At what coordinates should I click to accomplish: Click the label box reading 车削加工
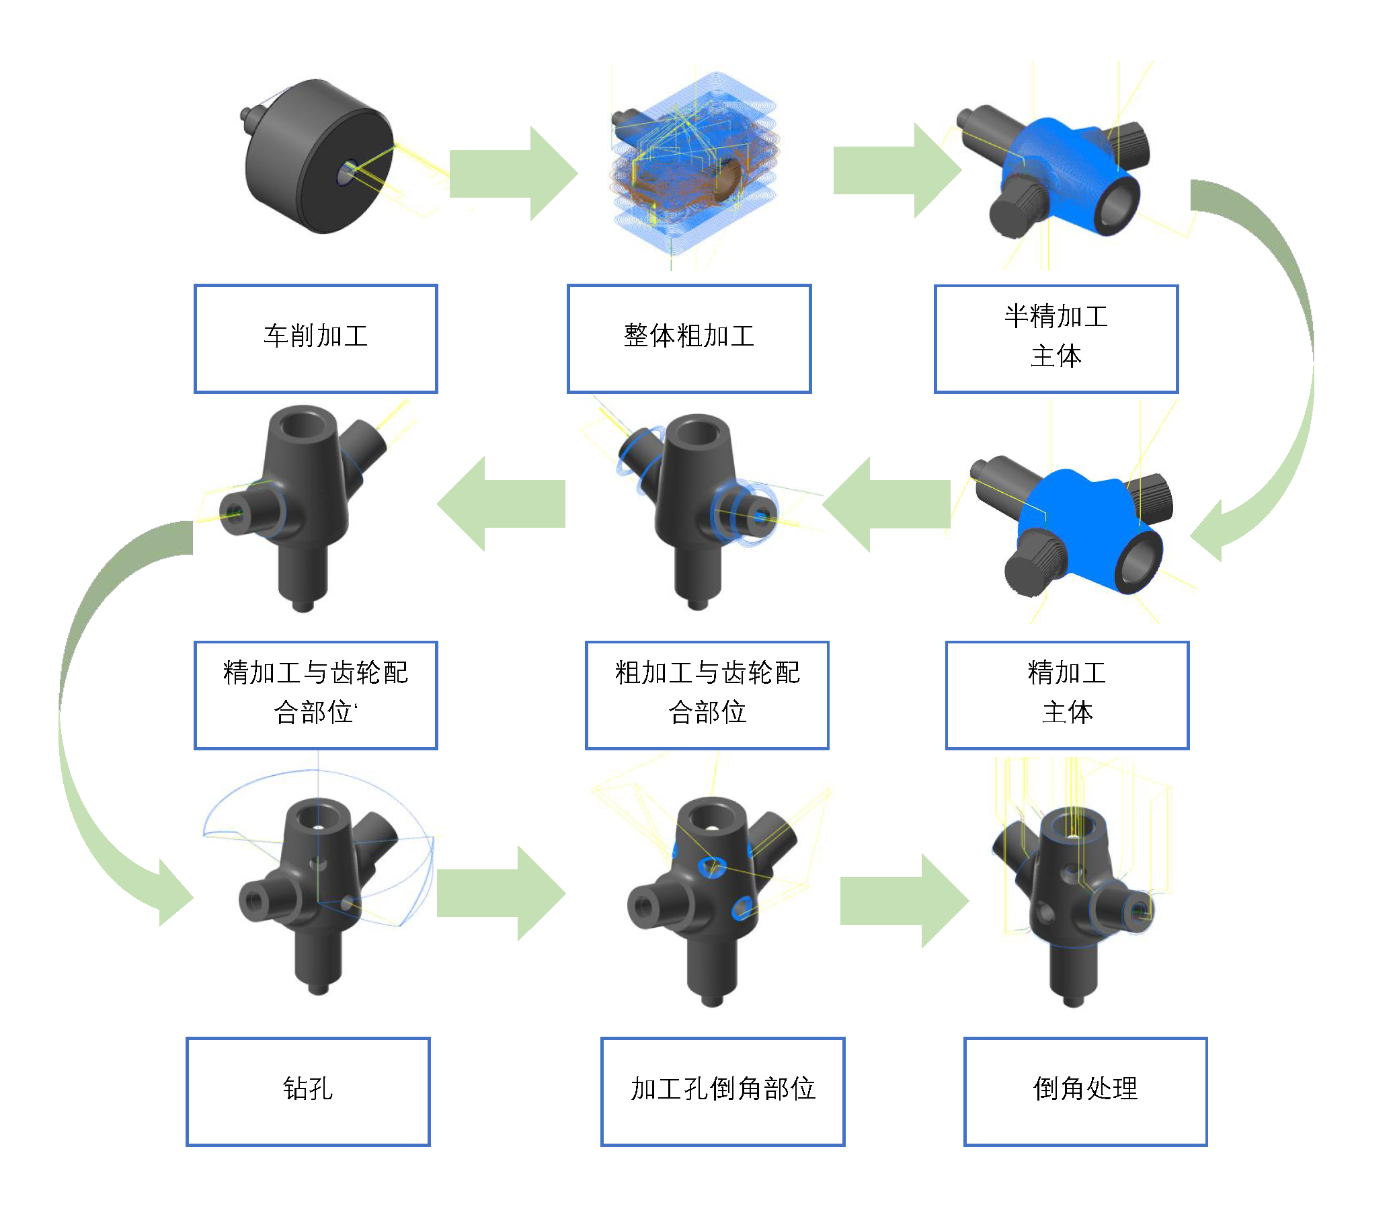315,339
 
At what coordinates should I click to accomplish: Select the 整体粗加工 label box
689,339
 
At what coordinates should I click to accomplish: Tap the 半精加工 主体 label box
1056,339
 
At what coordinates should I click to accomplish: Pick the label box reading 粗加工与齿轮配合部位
707,695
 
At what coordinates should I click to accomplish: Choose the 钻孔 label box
308,1091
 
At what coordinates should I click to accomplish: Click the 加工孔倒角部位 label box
723,1091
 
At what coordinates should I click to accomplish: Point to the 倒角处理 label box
1085,1091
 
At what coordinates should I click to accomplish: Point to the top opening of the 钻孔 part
317,818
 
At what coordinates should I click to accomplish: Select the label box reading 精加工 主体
1066,695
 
